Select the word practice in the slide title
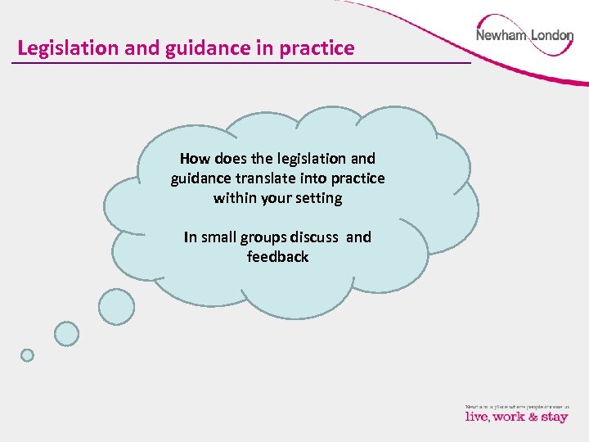[x=317, y=48]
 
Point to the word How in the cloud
[x=195, y=158]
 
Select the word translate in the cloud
[x=274, y=178]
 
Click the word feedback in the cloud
[x=278, y=257]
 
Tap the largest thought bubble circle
[x=116, y=307]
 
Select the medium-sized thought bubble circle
[x=67, y=333]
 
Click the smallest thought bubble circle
[x=27, y=355]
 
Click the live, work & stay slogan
[x=516, y=417]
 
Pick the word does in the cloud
[x=231, y=158]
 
